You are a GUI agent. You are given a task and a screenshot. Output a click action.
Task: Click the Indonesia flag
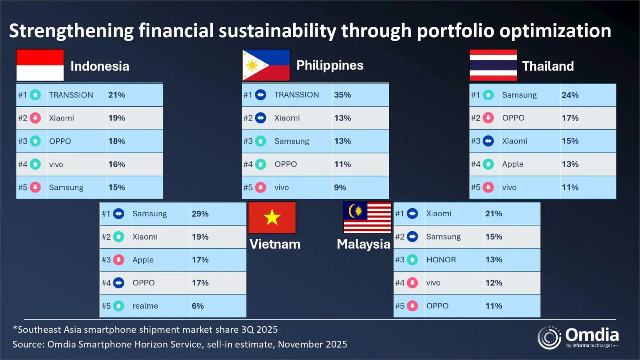coord(40,65)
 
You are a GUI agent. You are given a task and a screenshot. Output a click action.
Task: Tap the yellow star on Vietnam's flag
coord(272,218)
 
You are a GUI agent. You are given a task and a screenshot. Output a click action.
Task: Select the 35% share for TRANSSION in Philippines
coord(342,95)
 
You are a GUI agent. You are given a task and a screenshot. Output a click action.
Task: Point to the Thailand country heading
coord(548,66)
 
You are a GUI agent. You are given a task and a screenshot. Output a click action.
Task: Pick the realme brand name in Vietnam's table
coord(145,306)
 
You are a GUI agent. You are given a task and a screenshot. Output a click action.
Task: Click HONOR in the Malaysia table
coord(441,260)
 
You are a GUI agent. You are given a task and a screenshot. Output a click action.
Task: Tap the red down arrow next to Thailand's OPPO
coord(488,118)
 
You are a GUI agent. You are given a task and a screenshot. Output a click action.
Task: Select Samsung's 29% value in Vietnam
coord(200,214)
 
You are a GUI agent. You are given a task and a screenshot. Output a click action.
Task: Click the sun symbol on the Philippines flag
coord(252,65)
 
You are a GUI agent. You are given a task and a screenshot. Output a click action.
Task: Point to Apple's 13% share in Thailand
coord(570,164)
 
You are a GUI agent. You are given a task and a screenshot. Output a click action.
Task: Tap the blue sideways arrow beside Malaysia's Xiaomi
coord(412,214)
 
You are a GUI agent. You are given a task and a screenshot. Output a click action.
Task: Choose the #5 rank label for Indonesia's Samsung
coord(22,187)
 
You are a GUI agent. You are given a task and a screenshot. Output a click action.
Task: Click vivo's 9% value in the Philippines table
coord(340,187)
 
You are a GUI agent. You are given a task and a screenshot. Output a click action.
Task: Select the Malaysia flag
coord(367,218)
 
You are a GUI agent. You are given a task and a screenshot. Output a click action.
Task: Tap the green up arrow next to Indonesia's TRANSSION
coord(35,95)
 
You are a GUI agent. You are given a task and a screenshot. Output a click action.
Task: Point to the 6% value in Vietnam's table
coord(198,306)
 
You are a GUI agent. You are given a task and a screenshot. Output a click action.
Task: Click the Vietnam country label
coord(275,244)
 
